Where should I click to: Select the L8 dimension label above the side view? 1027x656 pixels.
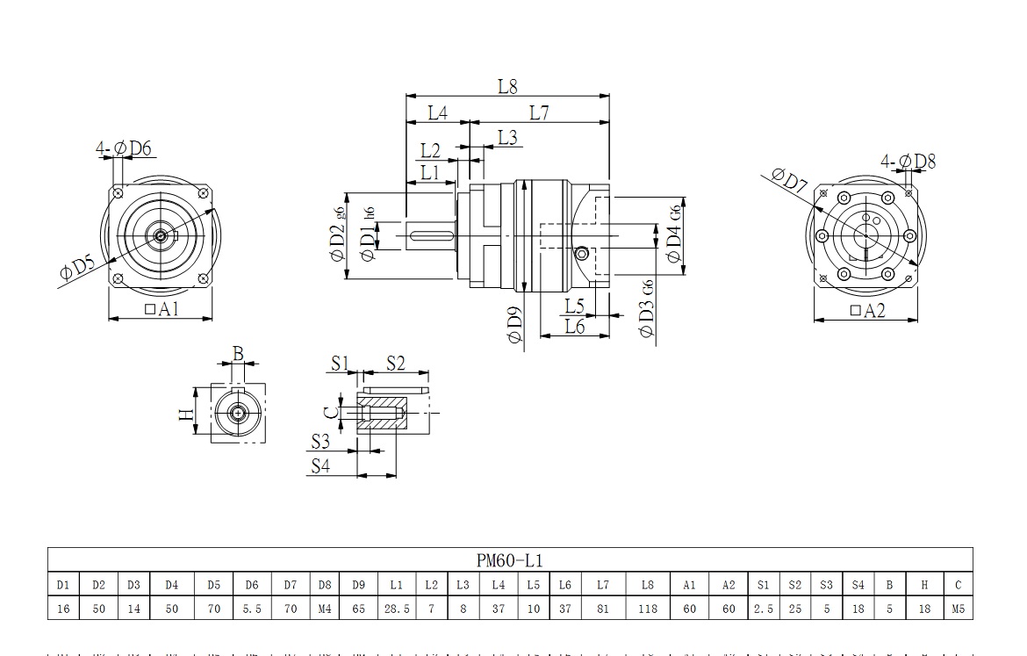507,86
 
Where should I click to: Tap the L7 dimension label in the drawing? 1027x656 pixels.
540,112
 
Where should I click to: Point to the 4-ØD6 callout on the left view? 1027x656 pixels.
124,148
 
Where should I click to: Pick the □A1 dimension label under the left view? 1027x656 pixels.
161,308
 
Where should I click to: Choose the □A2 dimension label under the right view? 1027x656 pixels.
867,310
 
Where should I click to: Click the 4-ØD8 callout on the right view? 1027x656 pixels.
908,162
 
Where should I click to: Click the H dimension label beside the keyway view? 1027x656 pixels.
186,414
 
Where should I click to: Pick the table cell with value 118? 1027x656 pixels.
648,608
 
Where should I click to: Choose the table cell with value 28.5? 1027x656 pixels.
396,608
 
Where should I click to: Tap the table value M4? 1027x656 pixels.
325,608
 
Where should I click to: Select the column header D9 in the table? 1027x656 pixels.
358,585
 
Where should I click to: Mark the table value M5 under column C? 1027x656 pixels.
958,608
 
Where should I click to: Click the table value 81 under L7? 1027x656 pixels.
602,608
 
